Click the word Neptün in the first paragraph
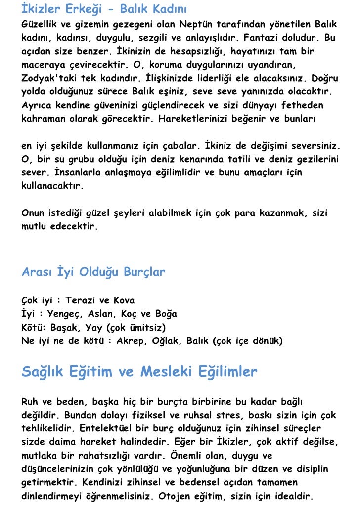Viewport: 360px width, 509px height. (x=194, y=24)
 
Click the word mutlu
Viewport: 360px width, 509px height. (x=34, y=227)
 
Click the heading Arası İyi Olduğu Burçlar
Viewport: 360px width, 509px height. (x=93, y=272)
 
